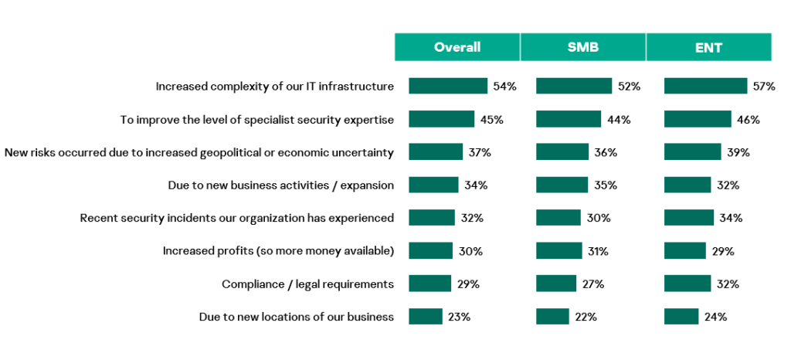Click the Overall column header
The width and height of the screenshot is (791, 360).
457,47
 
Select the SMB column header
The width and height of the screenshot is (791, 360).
583,47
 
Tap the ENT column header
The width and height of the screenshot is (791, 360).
708,47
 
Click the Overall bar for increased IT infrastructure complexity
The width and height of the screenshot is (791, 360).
448,86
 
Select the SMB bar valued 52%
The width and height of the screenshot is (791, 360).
574,86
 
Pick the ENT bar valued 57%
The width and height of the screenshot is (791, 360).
705,86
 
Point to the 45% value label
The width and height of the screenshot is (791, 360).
492,119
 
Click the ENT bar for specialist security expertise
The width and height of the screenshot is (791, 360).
698,119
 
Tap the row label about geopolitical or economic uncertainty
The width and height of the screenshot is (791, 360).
199,152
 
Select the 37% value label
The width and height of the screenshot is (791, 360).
480,152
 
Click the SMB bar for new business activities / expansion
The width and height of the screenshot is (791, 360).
562,185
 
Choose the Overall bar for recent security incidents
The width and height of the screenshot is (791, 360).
432,218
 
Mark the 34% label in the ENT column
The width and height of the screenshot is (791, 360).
731,218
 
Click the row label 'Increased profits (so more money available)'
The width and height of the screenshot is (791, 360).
278,251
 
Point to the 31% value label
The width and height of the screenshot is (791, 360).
598,251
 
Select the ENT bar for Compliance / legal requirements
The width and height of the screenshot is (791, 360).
687,284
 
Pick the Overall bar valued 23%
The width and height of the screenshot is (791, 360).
426,317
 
